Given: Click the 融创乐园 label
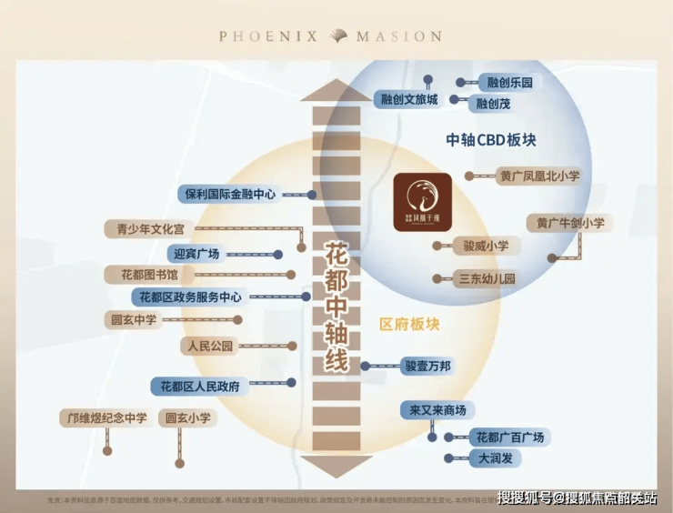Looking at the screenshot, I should tap(509, 83).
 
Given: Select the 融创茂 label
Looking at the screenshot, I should tap(494, 104).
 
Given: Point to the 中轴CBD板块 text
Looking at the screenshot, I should tap(491, 140).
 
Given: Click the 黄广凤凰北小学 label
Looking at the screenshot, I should tap(539, 176).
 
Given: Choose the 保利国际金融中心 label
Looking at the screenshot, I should tap(230, 194).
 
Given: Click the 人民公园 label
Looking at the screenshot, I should tap(209, 346).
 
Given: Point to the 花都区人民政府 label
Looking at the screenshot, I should tap(199, 386).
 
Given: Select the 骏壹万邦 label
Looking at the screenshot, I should tap(426, 367).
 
